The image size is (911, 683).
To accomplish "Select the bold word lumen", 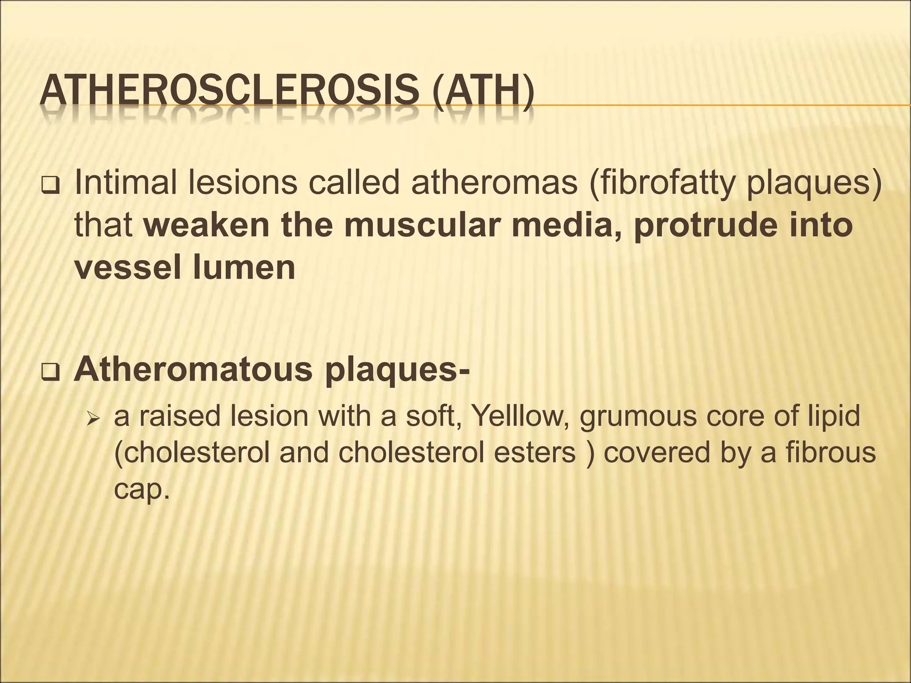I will pos(244,268).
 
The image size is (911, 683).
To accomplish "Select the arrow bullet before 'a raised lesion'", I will pos(93,418).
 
